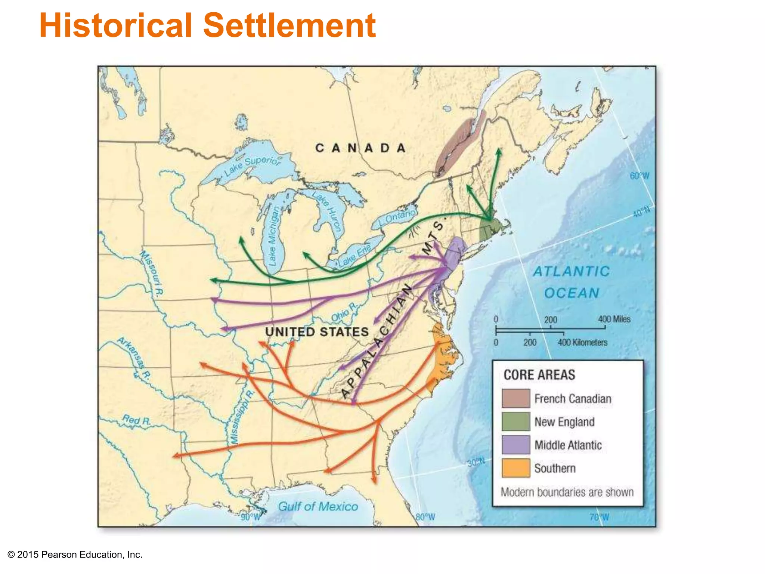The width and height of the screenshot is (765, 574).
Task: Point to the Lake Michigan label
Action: pyautogui.click(x=274, y=236)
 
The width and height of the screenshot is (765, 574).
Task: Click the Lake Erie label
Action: pyautogui.click(x=354, y=255)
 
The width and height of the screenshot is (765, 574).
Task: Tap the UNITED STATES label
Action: pyautogui.click(x=317, y=332)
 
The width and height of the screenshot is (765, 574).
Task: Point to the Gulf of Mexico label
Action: pyautogui.click(x=318, y=507)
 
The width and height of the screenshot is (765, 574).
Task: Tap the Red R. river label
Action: pyautogui.click(x=136, y=420)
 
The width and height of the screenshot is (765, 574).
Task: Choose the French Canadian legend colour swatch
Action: pyautogui.click(x=515, y=398)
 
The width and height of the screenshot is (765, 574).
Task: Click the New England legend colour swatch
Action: pyautogui.click(x=515, y=422)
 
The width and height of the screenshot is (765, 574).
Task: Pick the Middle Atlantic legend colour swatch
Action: pyautogui.click(x=515, y=445)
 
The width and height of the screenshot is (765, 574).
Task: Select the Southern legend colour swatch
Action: pyautogui.click(x=515, y=468)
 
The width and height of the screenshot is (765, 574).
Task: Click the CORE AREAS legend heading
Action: pyautogui.click(x=539, y=375)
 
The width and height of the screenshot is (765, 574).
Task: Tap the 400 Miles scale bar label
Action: pyautogui.click(x=614, y=319)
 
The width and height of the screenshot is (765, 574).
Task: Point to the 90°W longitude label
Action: pyautogui.click(x=250, y=517)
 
